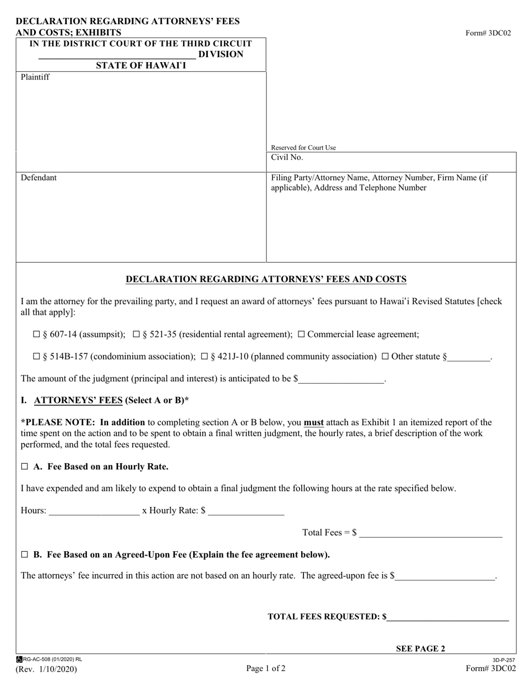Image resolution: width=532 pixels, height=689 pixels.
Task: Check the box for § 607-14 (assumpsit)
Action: [x=37, y=334]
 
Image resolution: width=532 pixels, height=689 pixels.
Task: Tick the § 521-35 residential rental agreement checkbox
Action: [x=136, y=334]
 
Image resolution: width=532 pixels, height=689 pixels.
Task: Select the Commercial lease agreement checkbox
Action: [x=301, y=334]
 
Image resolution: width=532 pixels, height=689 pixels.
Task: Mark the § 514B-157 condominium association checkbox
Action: [x=37, y=356]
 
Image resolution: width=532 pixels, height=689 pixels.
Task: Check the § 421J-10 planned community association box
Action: [x=204, y=356]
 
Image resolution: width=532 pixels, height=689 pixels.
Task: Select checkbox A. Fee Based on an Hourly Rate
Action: [x=24, y=467]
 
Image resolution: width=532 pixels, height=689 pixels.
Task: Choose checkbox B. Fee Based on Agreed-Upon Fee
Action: [x=24, y=555]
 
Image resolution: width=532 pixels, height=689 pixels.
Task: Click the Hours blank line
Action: [x=94, y=511]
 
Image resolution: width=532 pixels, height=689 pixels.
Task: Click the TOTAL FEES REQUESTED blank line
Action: [x=447, y=617]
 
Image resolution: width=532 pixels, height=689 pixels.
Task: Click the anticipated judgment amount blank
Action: [x=342, y=379]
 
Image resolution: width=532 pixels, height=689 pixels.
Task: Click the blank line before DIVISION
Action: [x=117, y=55]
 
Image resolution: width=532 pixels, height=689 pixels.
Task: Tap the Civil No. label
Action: [x=287, y=158]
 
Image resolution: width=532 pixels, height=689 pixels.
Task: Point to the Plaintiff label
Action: [x=35, y=77]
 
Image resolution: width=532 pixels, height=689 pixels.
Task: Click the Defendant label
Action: [x=39, y=178]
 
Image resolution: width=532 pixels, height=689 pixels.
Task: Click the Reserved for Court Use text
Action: [x=304, y=148]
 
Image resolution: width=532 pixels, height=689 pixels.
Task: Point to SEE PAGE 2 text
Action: [x=421, y=649]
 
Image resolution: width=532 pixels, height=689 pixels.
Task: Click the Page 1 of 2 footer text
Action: [x=265, y=668]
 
